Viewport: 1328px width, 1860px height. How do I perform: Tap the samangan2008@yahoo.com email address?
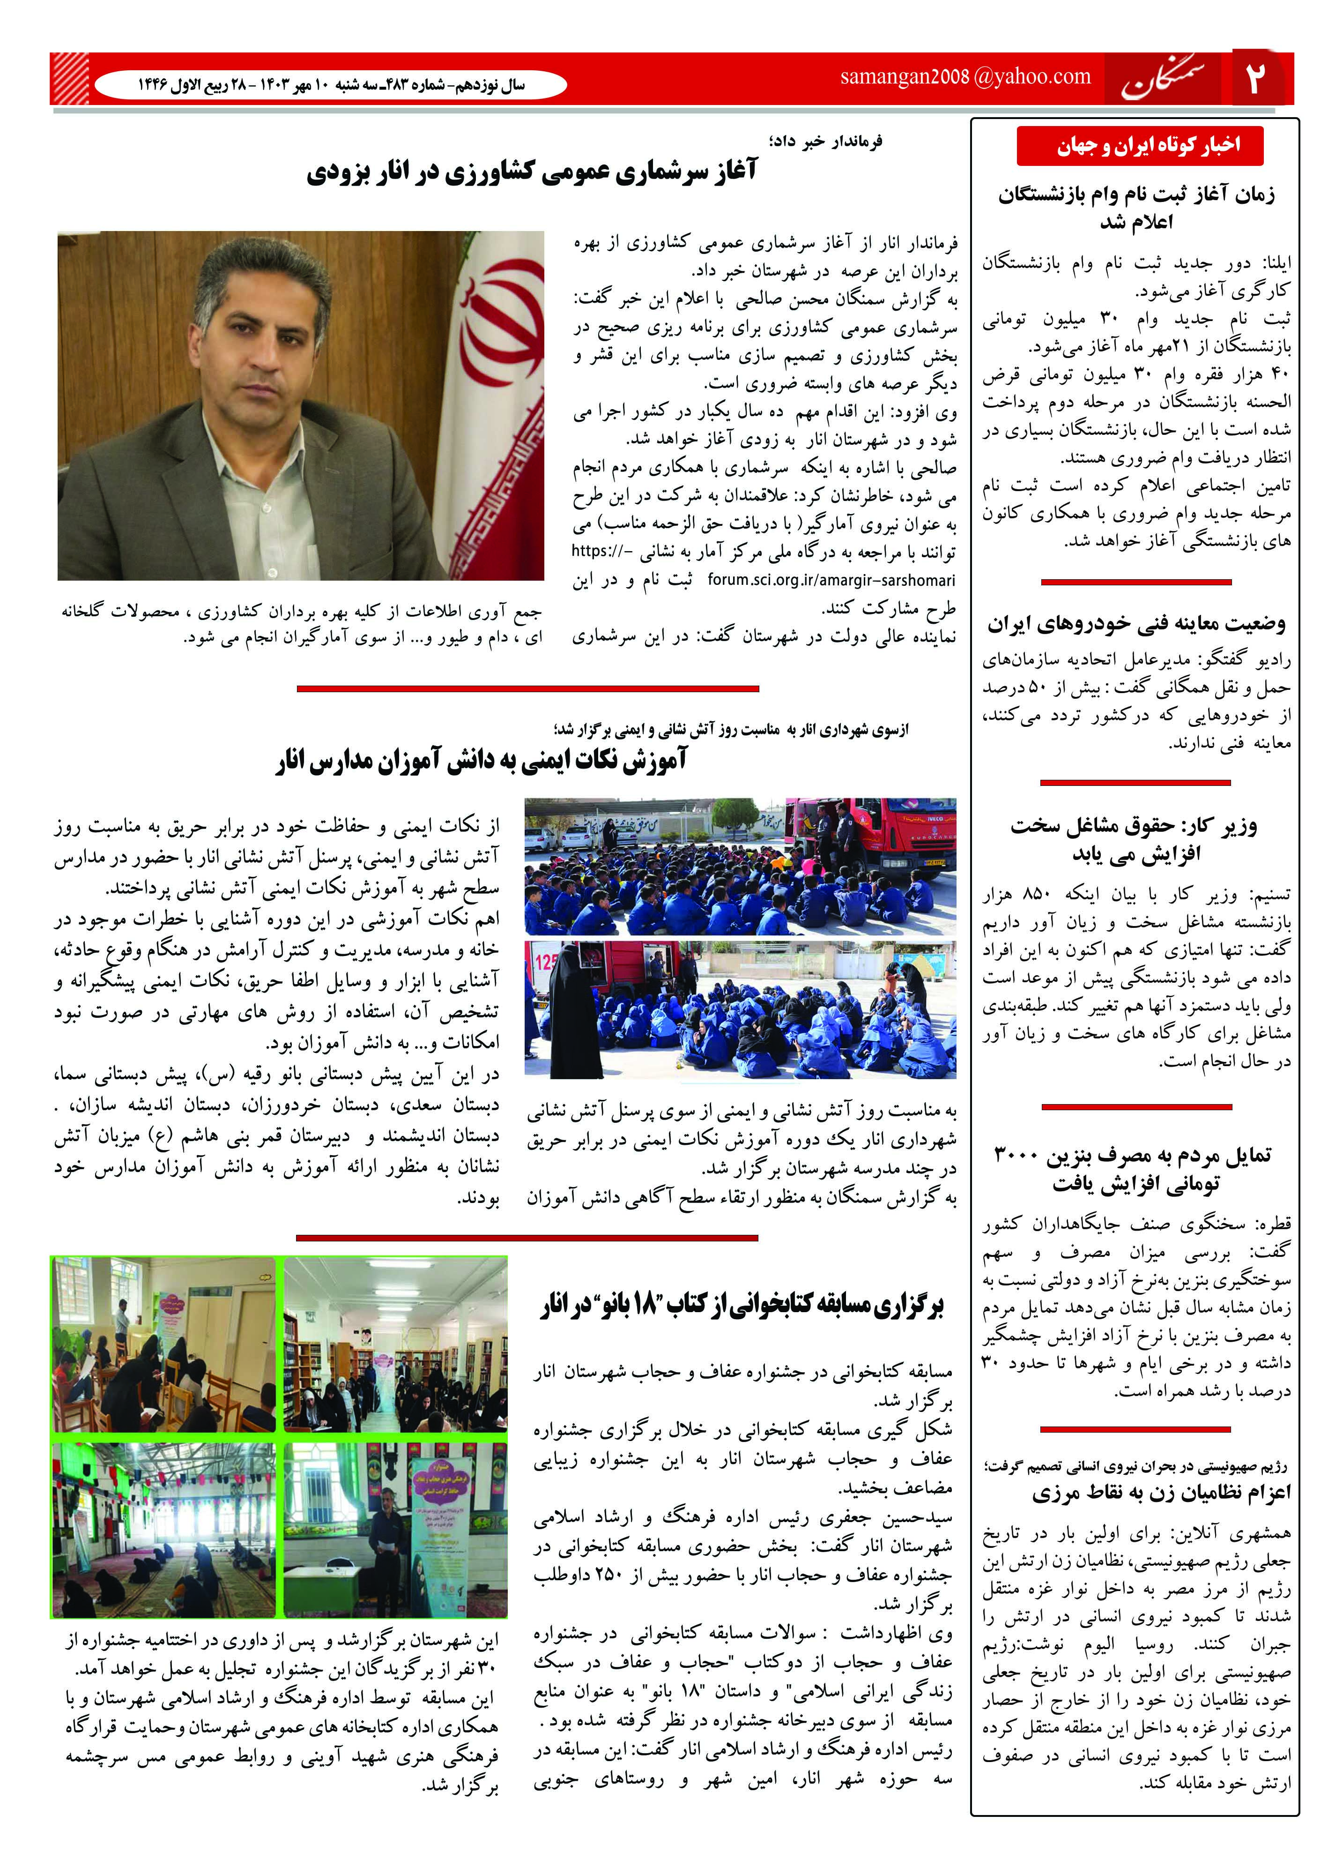965,77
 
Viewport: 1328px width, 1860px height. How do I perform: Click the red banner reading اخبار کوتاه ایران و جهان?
1140,146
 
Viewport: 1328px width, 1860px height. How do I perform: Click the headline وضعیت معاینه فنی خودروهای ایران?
1137,624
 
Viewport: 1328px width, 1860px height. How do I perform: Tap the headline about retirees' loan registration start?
1137,208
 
